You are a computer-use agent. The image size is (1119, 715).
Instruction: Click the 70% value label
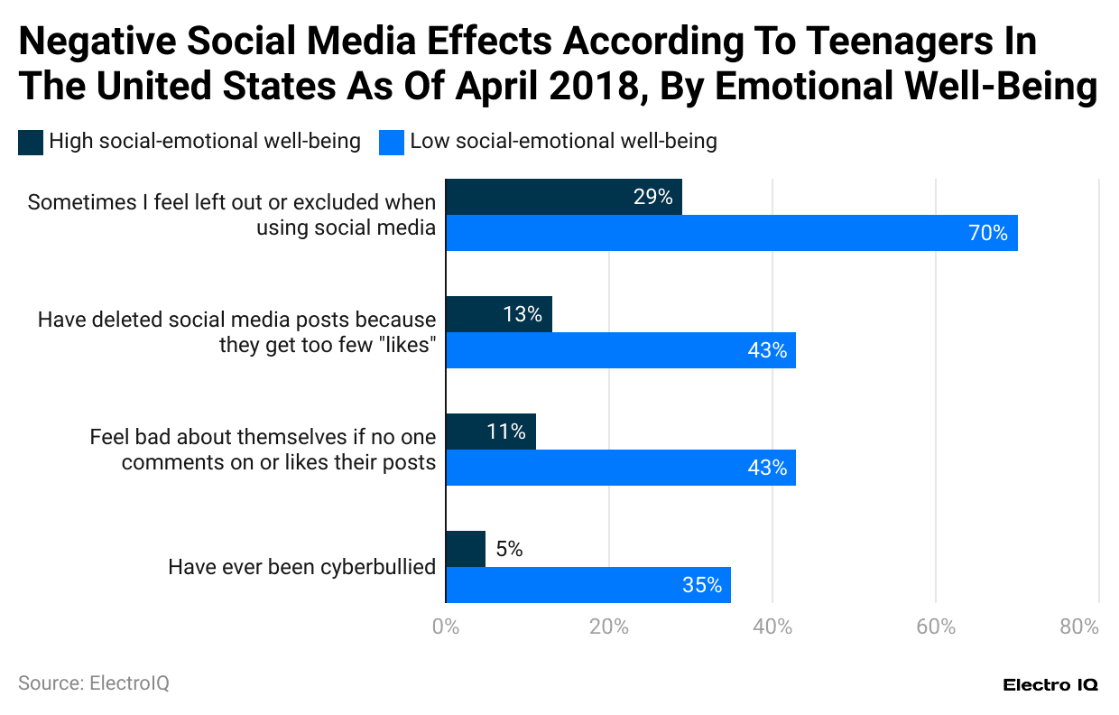987,233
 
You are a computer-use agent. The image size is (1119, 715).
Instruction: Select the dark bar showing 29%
564,197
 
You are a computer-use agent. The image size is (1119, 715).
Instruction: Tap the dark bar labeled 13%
499,314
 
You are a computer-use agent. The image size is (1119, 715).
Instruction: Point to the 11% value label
505,432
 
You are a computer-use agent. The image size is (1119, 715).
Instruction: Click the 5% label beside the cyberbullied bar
508,549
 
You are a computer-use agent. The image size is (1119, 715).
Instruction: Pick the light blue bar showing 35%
588,585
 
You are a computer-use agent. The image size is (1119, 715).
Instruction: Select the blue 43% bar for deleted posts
621,350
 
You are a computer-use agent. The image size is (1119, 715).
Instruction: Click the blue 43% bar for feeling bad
621,468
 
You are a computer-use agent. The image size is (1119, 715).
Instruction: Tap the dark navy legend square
30,142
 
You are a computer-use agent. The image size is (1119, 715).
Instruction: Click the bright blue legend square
391,142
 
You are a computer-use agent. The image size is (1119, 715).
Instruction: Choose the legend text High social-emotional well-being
205,142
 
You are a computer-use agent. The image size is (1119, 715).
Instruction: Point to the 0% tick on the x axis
446,627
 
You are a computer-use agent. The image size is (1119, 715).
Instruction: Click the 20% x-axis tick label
609,627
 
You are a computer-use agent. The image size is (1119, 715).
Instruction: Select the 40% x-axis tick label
772,627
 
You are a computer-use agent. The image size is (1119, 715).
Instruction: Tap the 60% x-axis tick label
936,627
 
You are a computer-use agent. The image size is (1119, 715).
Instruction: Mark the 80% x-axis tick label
1079,627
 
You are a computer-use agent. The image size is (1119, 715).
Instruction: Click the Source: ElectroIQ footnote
93,683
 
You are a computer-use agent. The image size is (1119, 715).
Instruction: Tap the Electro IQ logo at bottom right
1050,685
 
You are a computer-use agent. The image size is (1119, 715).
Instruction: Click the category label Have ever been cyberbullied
302,567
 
